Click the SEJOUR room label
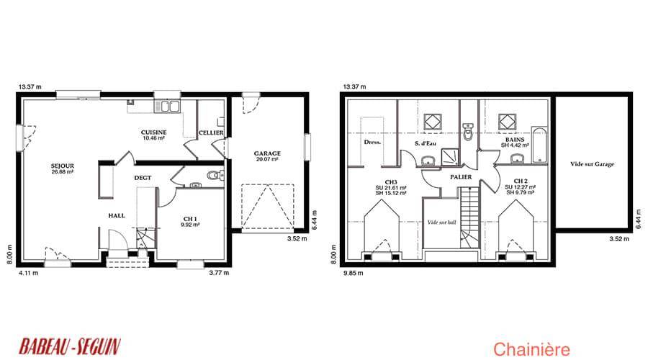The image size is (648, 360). [63, 166]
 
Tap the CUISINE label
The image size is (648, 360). [154, 132]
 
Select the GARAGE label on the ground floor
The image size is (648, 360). [267, 153]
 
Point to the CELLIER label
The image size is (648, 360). [211, 132]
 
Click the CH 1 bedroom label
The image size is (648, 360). [190, 219]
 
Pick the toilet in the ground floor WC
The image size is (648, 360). [215, 175]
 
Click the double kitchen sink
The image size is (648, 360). [167, 107]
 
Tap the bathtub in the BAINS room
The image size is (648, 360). [539, 145]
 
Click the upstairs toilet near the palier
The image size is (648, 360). [468, 132]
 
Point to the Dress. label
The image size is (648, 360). [372, 142]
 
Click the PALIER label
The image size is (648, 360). [461, 177]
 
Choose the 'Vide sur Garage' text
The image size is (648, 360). [593, 164]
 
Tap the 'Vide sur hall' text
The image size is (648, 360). [442, 222]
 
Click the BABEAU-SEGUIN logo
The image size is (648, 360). [70, 346]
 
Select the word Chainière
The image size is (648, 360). [531, 350]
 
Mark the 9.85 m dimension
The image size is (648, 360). [354, 273]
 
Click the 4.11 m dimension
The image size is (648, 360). [29, 273]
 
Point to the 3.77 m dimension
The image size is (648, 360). [219, 273]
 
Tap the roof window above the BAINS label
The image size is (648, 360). [507, 122]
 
